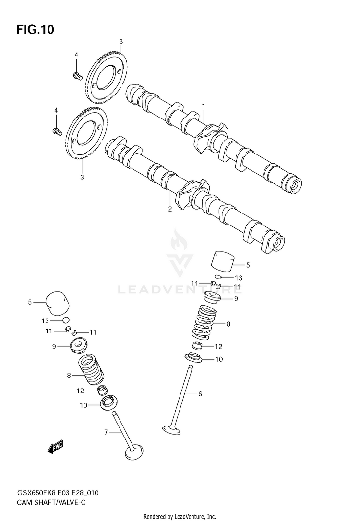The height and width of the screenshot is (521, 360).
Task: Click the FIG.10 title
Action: tap(35, 30)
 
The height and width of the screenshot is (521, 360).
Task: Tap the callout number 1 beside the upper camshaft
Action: tap(204, 106)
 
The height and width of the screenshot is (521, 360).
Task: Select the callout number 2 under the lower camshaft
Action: tap(170, 209)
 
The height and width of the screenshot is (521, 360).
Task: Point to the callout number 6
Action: tap(200, 394)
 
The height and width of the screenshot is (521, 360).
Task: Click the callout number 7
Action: tap(106, 432)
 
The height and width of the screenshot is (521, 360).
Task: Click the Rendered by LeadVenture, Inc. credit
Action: tap(180, 516)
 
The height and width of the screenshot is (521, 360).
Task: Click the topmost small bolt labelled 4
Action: tap(77, 75)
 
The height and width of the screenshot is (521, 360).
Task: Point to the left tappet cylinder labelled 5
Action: tap(57, 302)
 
